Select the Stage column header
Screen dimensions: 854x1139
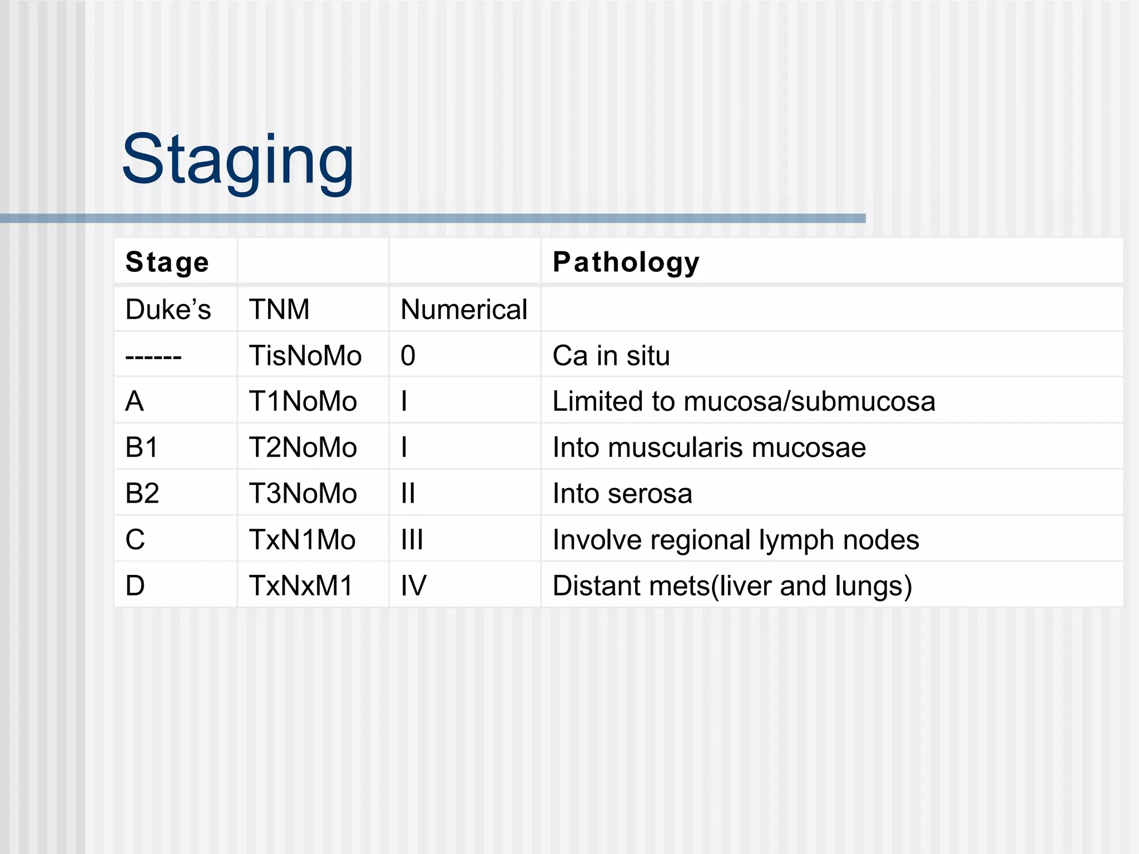point(167,262)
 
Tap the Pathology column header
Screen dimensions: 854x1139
point(626,262)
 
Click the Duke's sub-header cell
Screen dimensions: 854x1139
point(168,309)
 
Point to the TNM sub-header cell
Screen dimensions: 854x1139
point(279,309)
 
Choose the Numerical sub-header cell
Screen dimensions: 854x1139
point(463,309)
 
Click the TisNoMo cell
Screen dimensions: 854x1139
point(305,355)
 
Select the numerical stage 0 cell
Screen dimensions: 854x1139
point(408,355)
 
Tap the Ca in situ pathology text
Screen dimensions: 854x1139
point(611,355)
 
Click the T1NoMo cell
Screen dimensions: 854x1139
point(303,401)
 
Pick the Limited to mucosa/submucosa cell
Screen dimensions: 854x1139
point(744,401)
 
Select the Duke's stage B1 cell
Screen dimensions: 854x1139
point(142,448)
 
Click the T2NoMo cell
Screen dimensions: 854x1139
point(303,448)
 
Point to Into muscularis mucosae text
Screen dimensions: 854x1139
point(709,448)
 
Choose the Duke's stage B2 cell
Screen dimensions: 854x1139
point(142,494)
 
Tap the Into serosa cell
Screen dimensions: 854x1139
point(622,494)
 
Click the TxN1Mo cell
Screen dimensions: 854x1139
point(302,540)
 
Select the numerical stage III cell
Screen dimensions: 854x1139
point(412,540)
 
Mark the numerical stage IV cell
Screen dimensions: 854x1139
point(414,586)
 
